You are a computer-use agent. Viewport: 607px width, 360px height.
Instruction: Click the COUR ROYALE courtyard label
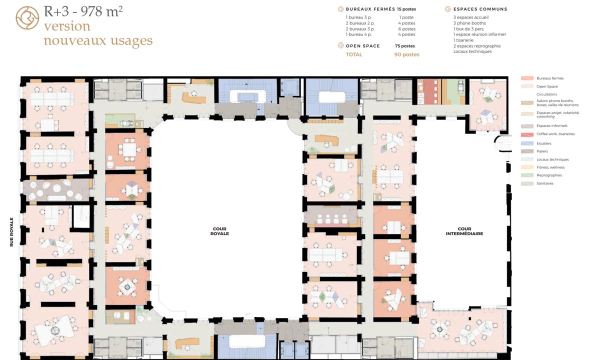pos(219,231)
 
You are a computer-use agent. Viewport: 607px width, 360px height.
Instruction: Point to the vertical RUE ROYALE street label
pos(11,232)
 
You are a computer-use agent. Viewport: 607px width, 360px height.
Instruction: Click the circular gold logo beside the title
pos(27,18)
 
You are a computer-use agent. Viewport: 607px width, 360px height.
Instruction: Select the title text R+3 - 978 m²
pos(83,11)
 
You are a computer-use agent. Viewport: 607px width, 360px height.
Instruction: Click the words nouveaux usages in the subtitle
pos(98,40)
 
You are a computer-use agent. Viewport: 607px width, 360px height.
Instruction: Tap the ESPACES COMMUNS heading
pos(480,9)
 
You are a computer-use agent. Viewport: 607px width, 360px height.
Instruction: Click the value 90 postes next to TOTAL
pos(406,54)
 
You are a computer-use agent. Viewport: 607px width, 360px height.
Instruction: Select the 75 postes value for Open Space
pos(404,46)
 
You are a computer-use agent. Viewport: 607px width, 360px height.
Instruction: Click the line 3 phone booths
pos(469,23)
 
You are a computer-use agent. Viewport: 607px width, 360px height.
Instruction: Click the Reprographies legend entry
pos(548,175)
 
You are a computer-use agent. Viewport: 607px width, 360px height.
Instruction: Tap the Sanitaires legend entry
pos(544,183)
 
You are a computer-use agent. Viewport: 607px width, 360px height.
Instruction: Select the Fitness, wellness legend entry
pos(550,167)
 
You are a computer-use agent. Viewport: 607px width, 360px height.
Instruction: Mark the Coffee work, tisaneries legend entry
pos(555,134)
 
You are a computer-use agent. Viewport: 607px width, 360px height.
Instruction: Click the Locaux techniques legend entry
pos(552,159)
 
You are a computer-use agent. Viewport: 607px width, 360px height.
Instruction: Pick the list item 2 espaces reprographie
pos(476,46)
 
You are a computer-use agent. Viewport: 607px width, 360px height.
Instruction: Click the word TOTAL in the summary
pos(354,54)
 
